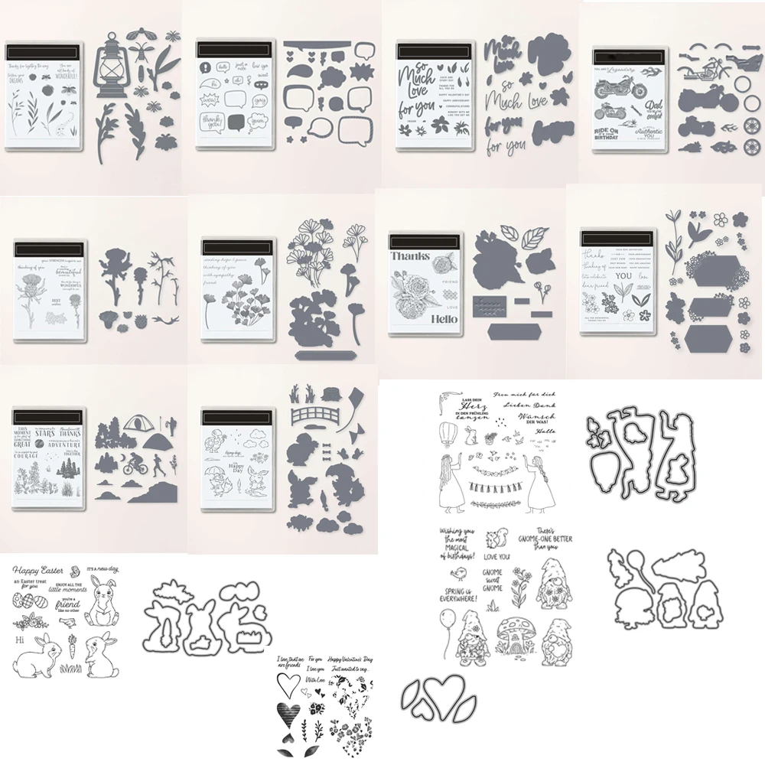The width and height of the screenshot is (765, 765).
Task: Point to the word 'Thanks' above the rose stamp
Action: pos(411,256)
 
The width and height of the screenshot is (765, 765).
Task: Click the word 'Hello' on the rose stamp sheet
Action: pos(441,319)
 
